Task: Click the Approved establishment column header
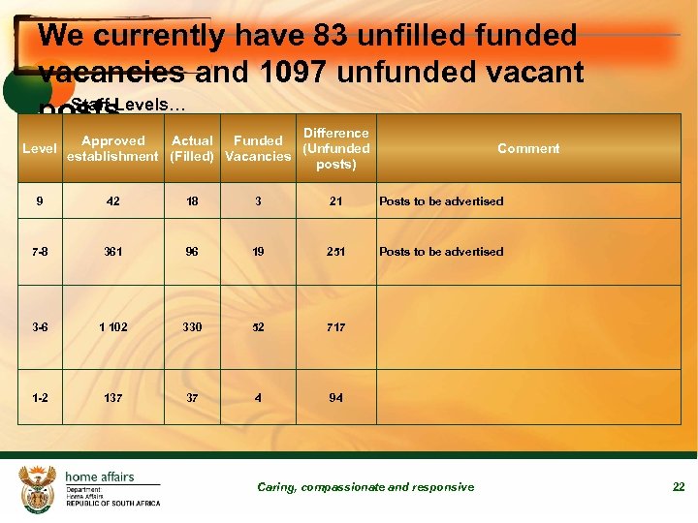point(112,148)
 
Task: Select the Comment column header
point(528,148)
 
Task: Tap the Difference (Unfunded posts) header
point(335,148)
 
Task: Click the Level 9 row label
point(39,201)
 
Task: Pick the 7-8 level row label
point(40,252)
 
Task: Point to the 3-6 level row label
point(40,327)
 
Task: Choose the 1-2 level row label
point(40,398)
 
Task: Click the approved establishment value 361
point(113,252)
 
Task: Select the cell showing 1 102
point(113,327)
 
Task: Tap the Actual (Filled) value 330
point(192,327)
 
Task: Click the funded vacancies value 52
point(257,327)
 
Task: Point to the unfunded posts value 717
point(335,327)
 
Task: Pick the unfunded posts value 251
point(335,252)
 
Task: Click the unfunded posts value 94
point(335,398)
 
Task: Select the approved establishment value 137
point(113,398)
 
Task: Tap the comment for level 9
point(441,201)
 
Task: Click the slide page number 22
point(679,487)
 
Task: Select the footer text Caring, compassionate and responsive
point(365,487)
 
